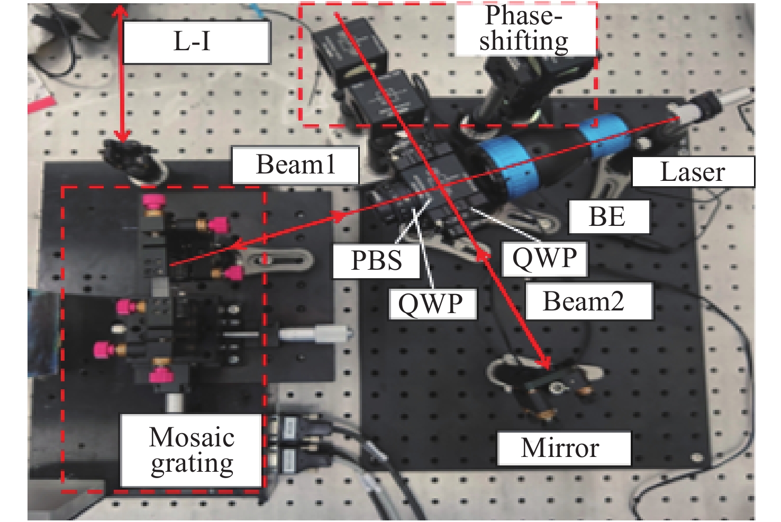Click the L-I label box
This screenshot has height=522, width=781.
click(197, 42)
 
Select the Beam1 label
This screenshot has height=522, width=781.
click(296, 165)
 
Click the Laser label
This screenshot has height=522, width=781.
click(693, 171)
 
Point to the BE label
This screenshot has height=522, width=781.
click(610, 216)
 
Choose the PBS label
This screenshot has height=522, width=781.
click(376, 261)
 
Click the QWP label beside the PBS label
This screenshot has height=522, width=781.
click(433, 304)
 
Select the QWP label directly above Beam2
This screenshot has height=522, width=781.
click(544, 259)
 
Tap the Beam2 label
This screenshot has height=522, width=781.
click(589, 301)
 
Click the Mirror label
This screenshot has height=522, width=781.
click(564, 448)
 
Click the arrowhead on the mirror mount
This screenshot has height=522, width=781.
click(544, 362)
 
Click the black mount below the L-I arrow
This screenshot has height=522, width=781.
click(134, 161)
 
